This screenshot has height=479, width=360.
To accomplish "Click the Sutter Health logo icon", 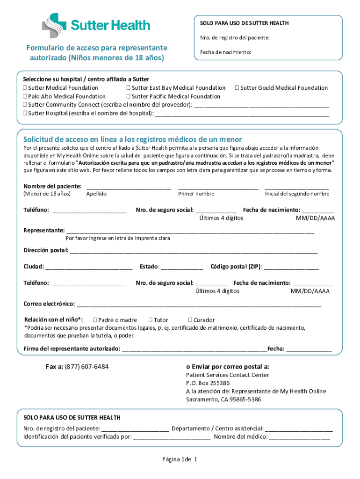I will pyautogui.click(x=55, y=25).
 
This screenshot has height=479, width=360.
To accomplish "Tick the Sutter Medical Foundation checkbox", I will pyautogui.click(x=25, y=88).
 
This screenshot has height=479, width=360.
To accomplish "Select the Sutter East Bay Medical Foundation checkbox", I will pyautogui.click(x=128, y=88).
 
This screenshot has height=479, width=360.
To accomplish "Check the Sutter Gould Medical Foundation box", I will pyautogui.click(x=237, y=88).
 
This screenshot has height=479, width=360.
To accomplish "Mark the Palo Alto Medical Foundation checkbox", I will pyautogui.click(x=25, y=96).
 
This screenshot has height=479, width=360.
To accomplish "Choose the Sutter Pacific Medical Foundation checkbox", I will pyautogui.click(x=128, y=96).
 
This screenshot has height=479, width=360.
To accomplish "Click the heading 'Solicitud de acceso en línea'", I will pyautogui.click(x=132, y=139).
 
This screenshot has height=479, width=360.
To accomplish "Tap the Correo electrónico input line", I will pyautogui.click(x=199, y=305).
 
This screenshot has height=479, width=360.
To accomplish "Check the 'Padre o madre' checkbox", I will pyautogui.click(x=95, y=320).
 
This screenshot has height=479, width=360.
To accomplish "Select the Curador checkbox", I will pyautogui.click(x=190, y=320).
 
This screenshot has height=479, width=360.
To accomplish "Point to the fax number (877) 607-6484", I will pyautogui.click(x=86, y=367).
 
